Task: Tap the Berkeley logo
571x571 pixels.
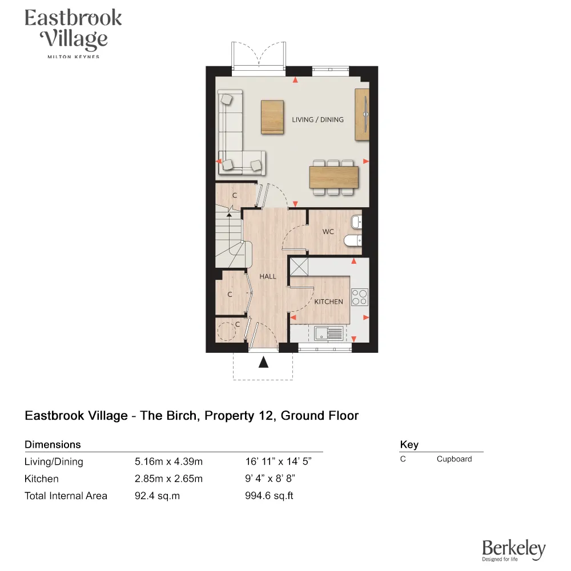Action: point(513,550)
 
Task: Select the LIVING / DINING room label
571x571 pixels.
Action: point(317,120)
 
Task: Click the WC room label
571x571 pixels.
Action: point(328,232)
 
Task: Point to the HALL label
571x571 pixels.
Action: point(268,276)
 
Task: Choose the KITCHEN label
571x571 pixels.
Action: point(329,301)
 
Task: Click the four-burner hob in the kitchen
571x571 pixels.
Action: point(359,297)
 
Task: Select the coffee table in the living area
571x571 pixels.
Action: point(272,117)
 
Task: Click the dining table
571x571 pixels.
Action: point(334,176)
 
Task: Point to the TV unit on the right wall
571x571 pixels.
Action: point(362,114)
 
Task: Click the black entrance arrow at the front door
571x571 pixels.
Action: point(263,362)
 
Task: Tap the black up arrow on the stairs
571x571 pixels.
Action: point(230,214)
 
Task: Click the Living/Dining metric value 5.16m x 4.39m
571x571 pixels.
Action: point(168,462)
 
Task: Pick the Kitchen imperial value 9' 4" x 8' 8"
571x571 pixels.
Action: point(270,479)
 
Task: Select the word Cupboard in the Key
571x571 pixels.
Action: point(454,459)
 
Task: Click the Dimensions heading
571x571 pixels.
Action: point(53,445)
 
